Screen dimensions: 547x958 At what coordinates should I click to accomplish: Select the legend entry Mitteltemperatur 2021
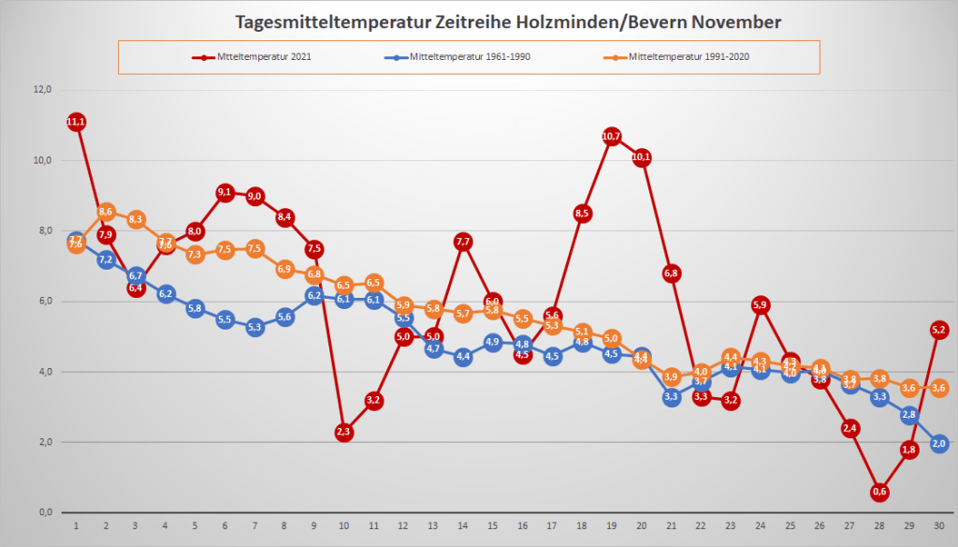[x=253, y=57]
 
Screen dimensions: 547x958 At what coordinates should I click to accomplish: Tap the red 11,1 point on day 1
[x=76, y=122]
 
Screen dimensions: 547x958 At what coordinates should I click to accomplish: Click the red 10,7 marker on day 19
[x=612, y=137]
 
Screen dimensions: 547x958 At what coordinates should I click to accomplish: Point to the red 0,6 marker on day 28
[x=879, y=492]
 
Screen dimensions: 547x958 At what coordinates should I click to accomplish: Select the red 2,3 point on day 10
[x=343, y=432]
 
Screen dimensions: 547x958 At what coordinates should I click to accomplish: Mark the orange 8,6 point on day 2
[x=106, y=212]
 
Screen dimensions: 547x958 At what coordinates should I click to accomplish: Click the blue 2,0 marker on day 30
[x=939, y=443]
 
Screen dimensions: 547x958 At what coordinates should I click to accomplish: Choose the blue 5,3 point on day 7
[x=254, y=327]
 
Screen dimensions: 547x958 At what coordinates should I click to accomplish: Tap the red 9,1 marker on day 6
[x=225, y=193]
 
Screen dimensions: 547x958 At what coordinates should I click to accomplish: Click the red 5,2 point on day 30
[x=939, y=330]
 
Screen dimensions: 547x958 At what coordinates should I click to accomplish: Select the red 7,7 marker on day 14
[x=462, y=242]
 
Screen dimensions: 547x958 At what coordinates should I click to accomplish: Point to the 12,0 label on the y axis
[x=41, y=90]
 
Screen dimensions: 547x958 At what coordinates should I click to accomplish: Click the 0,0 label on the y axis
[x=42, y=513]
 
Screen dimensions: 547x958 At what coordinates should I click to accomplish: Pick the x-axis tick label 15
[x=492, y=526]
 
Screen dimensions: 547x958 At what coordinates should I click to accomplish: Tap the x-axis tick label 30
[x=938, y=526]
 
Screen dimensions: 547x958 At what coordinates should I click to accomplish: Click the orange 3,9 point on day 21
[x=671, y=377]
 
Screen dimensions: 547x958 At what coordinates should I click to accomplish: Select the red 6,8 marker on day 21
[x=671, y=273]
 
